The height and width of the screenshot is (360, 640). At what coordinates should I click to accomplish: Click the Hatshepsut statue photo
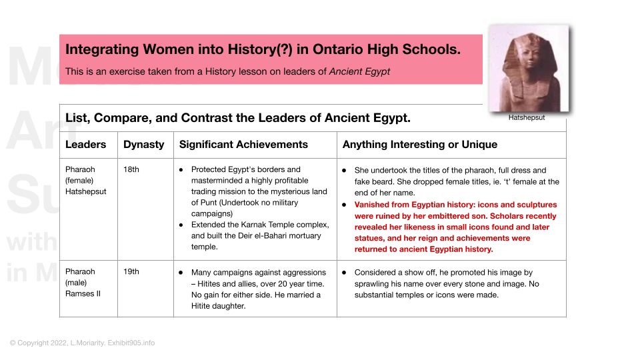pos(529,69)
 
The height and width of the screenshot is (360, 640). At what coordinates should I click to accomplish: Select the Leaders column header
pos(85,145)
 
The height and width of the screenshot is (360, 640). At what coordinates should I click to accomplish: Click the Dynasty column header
pos(143,145)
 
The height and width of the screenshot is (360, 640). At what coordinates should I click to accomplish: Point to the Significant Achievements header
pos(243,145)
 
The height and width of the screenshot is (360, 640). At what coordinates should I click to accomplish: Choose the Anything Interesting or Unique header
pos(419,145)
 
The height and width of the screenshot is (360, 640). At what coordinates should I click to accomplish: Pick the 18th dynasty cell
pos(131,169)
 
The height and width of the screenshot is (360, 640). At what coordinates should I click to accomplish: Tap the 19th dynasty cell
pos(131,272)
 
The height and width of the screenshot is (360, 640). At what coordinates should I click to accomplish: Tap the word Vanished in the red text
pos(374,205)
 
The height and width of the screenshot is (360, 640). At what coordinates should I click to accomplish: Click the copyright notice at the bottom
pos(82,343)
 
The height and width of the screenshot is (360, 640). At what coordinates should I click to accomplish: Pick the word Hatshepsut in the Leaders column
pos(87,191)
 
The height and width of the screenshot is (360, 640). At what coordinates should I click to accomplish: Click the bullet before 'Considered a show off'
pos(343,273)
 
